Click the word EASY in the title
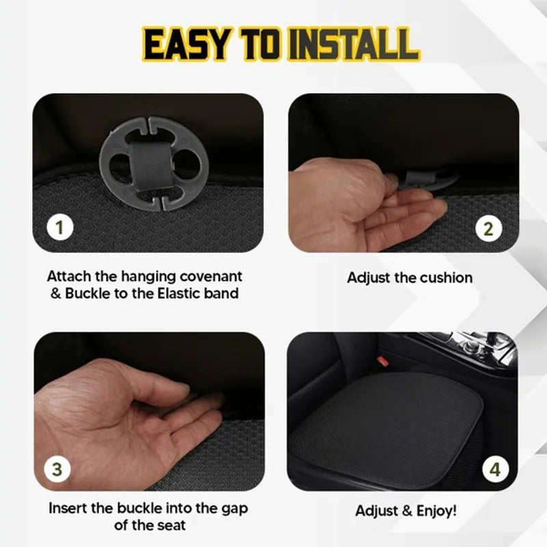click(183, 43)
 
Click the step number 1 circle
click(60, 227)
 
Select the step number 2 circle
click(488, 228)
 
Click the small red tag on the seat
click(383, 361)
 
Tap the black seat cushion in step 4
click(403, 424)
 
